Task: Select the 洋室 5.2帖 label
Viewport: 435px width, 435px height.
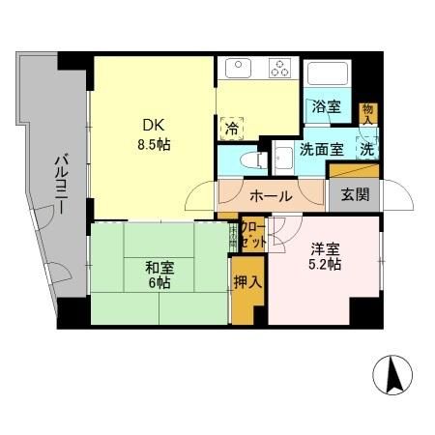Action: pos(324,254)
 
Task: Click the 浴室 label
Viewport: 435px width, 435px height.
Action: pos(326,107)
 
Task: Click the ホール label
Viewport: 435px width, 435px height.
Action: pos(271,195)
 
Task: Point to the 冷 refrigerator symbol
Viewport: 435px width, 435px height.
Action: pos(233,127)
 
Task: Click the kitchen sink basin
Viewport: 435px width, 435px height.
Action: pos(238,70)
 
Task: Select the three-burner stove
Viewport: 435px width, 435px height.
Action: pos(281,70)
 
